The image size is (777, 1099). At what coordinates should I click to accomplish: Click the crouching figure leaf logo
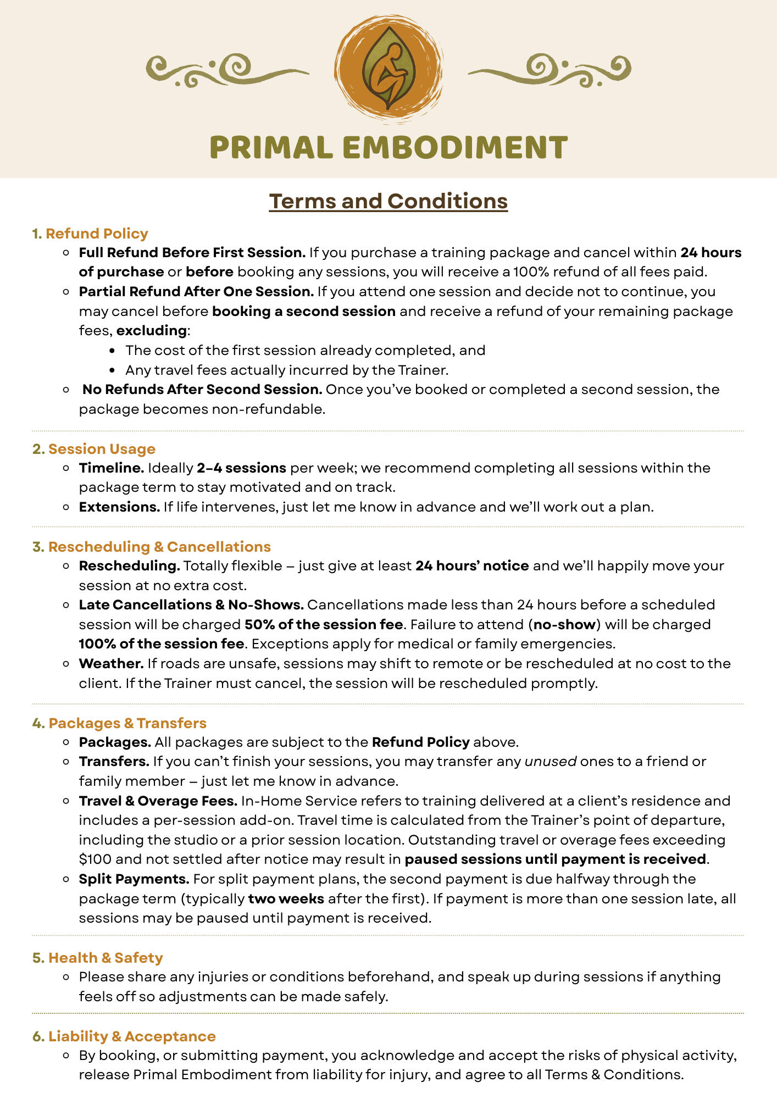click(x=389, y=69)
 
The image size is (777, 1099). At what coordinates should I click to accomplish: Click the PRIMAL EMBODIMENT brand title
click(x=389, y=148)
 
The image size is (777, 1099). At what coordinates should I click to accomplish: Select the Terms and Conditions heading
click(x=389, y=201)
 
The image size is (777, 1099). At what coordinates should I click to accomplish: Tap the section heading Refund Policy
click(x=97, y=234)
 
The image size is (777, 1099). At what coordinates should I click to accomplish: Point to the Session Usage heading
click(x=102, y=449)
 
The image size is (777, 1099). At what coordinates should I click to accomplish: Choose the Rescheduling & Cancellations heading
click(x=159, y=547)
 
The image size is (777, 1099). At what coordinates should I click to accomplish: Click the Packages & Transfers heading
click(x=127, y=723)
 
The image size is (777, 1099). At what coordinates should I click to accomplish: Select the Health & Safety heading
click(x=106, y=958)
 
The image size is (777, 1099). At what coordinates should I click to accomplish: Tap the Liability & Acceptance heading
click(x=132, y=1036)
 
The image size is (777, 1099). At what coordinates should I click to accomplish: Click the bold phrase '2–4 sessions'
click(x=241, y=468)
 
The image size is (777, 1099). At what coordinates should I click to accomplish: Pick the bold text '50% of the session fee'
click(x=324, y=625)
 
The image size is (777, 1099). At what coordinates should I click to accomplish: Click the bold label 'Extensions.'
click(x=119, y=507)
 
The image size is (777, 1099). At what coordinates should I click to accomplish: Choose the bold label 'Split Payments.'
click(x=134, y=879)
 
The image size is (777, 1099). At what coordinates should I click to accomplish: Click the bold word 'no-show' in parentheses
click(x=564, y=625)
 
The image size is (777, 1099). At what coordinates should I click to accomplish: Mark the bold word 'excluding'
click(x=152, y=331)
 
